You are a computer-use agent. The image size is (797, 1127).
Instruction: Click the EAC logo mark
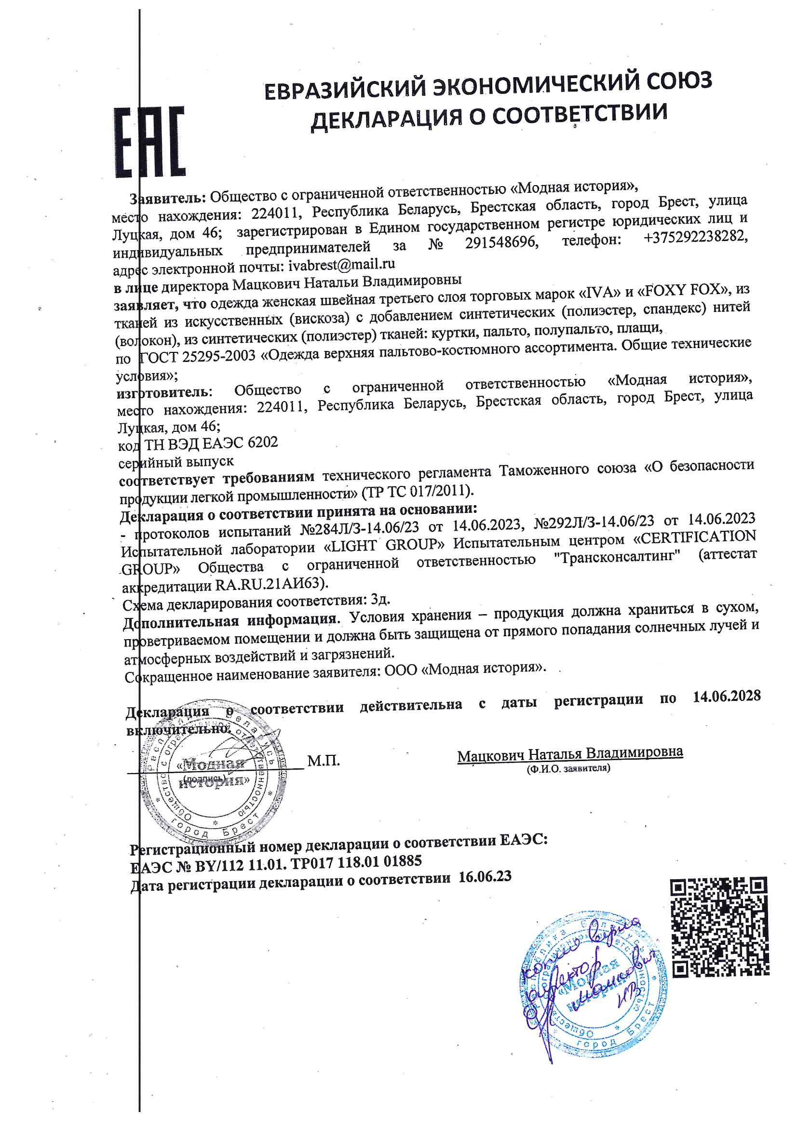pos(150,142)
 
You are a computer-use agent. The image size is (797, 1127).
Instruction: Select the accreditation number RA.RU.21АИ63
pos(270,585)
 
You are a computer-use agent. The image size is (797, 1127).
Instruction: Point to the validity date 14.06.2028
pos(726,696)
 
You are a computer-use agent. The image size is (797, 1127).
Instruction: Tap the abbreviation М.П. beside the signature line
pos(324,761)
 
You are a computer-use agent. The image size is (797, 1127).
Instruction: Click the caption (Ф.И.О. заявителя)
pos(568,769)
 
